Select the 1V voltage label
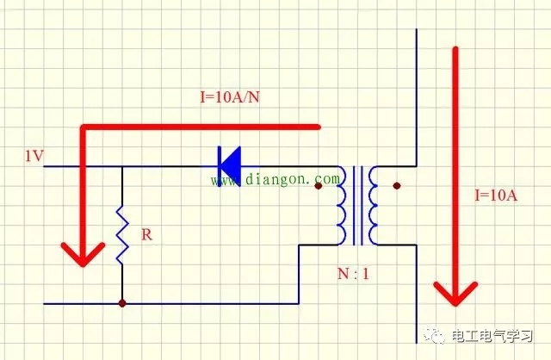point(34,156)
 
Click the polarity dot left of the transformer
point(319,185)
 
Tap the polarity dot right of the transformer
point(396,185)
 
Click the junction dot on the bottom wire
point(122,303)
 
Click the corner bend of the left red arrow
point(84,130)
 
